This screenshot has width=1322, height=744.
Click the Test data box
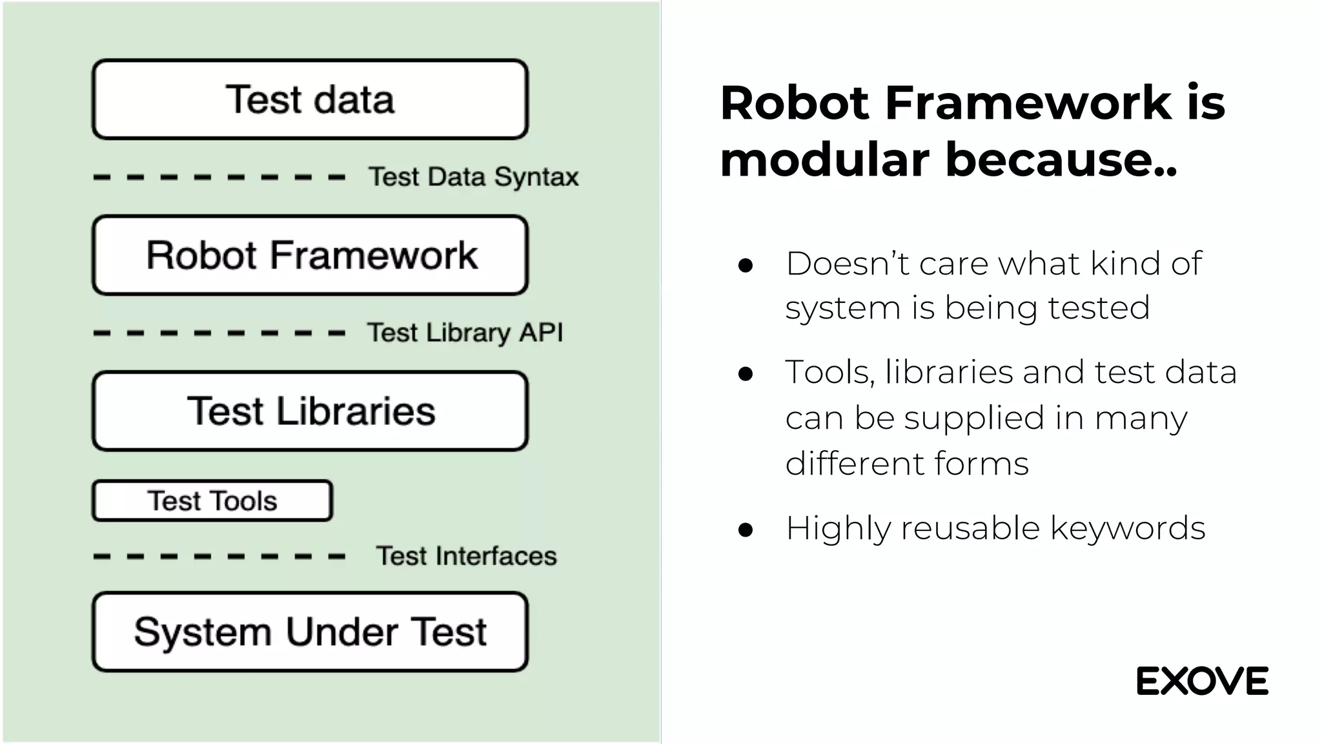pos(310,99)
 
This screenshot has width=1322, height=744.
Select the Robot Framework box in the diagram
pos(310,255)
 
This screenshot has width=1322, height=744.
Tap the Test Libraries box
pos(310,411)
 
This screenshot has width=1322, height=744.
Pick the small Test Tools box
pos(212,501)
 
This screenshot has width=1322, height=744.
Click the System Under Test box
pos(310,632)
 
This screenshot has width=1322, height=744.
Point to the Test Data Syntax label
pos(473,177)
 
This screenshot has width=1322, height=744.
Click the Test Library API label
pos(465,333)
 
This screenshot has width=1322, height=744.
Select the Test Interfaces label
pos(466,556)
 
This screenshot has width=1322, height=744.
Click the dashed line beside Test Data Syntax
pos(219,177)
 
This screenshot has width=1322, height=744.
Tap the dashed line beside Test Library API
pos(219,333)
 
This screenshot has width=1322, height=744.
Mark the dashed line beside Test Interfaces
pos(219,556)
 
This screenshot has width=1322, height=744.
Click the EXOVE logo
pos(1202,681)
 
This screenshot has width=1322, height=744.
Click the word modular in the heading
pos(824,159)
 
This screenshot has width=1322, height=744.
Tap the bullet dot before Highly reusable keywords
pos(746,530)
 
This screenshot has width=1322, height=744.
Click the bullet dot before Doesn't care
pos(746,265)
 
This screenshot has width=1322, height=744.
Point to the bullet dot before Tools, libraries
pos(746,374)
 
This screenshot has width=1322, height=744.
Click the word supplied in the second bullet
pos(973,418)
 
